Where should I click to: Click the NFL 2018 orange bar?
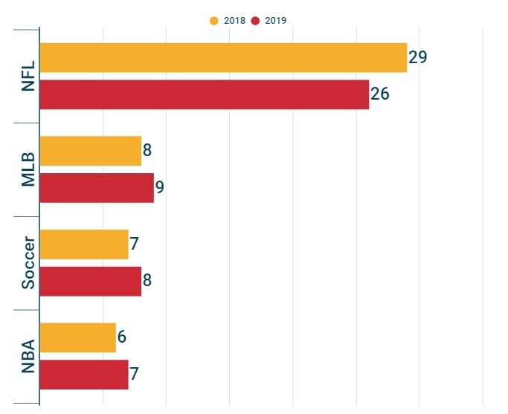point(223,58)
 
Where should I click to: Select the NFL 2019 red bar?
point(204,94)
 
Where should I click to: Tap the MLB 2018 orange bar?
point(90,151)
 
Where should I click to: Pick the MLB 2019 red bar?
point(96,187)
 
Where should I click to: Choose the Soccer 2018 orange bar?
point(83,245)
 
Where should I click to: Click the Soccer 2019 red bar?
point(90,281)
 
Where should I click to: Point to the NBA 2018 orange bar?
point(77,337)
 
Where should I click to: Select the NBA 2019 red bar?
point(83,374)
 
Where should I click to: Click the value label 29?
point(417,57)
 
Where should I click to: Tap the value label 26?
point(380,94)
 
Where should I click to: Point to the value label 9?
point(159,187)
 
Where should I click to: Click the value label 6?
point(122,337)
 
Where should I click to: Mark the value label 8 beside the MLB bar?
point(147,151)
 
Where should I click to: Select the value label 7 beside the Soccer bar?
point(135,245)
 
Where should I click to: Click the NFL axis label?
point(28,76)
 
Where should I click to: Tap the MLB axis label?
point(28,169)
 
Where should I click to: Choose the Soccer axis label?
point(28,263)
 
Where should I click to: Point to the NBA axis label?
point(28,356)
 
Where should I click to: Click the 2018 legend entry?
point(228,21)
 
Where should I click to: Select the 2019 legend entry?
point(269,21)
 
